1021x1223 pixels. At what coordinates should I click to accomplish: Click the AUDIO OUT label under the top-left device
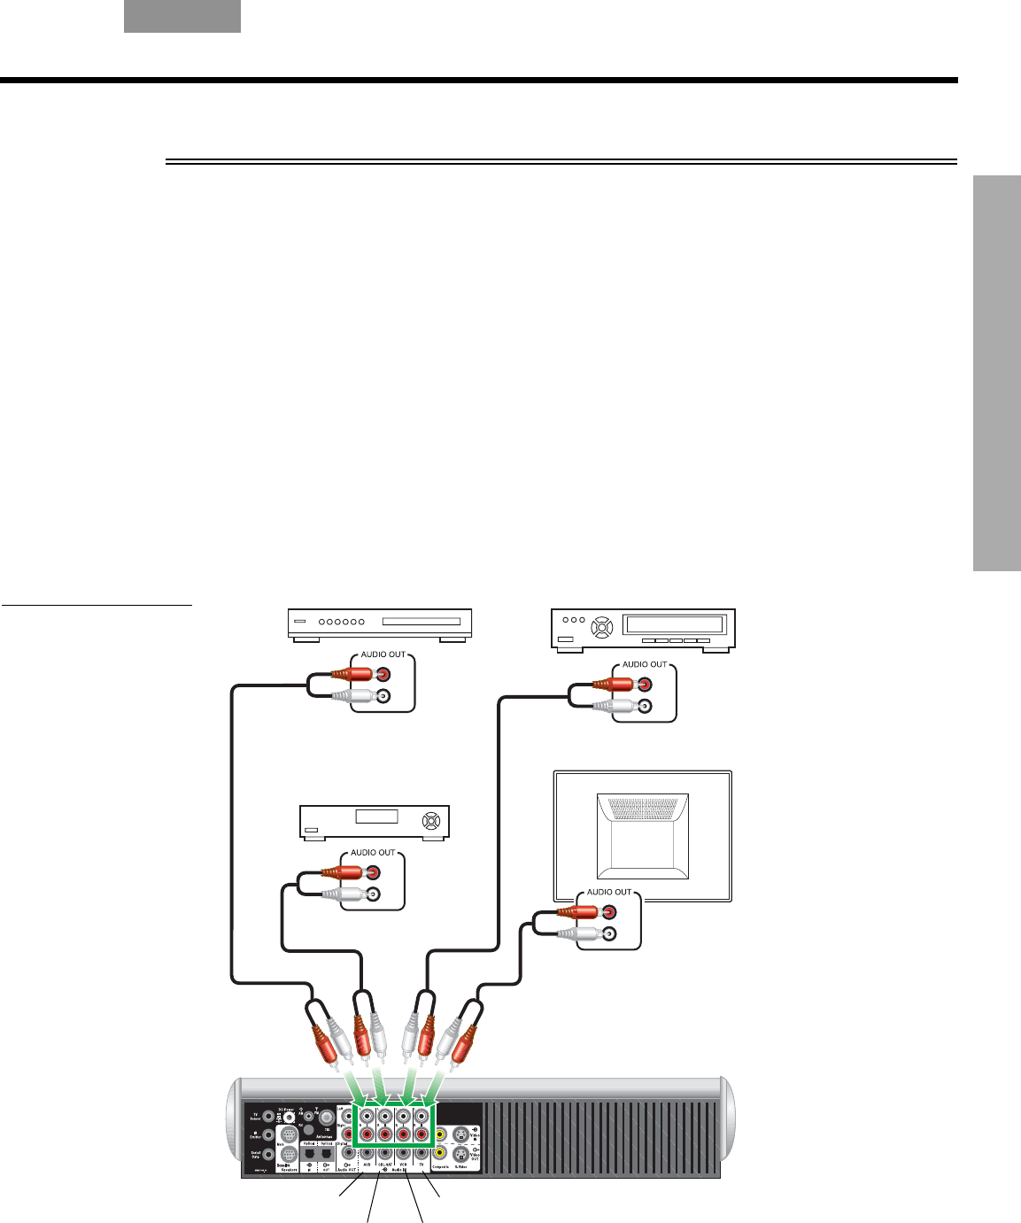[383, 654]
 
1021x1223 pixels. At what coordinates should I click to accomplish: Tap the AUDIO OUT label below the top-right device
[645, 664]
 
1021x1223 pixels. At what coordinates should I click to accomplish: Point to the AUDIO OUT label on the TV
[609, 892]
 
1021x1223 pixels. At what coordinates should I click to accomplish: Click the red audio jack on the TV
[608, 910]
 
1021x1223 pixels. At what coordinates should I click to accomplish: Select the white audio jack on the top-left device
[383, 697]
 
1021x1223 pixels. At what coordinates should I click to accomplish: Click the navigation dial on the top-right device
[602, 628]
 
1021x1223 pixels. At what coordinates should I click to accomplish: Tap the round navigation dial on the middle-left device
[431, 820]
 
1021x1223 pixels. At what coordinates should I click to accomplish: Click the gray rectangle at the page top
[182, 16]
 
